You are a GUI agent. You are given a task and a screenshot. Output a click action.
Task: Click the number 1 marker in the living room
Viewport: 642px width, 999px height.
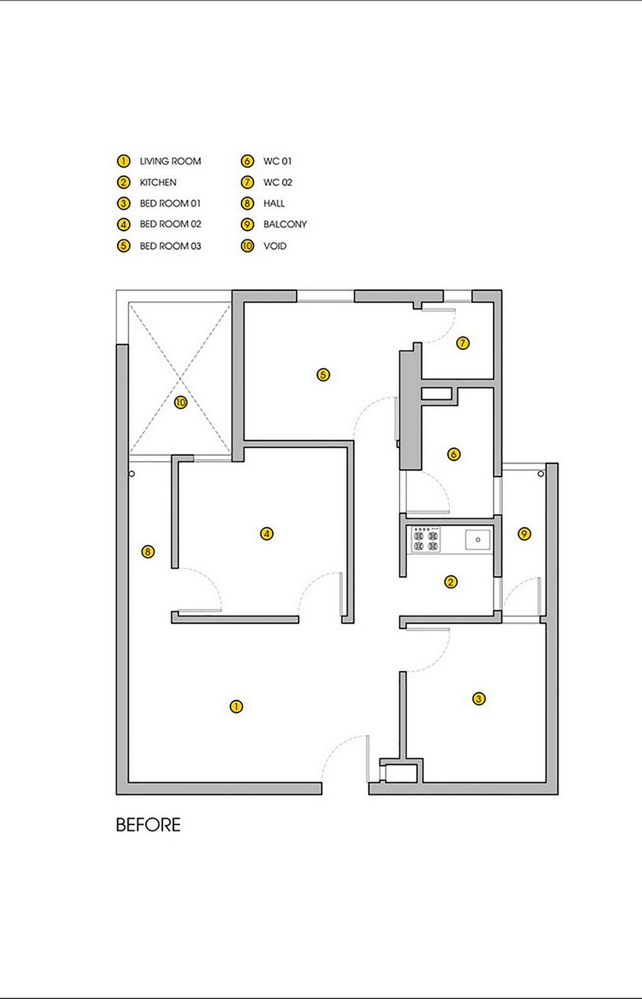[236, 706]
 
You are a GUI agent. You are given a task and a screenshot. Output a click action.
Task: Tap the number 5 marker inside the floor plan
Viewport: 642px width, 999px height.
[323, 375]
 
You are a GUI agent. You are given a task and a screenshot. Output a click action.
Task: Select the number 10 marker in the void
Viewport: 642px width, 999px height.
[180, 403]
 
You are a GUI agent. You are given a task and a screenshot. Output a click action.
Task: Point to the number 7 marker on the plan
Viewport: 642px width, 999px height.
[463, 343]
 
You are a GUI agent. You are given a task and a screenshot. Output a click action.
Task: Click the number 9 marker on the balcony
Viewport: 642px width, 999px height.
[525, 534]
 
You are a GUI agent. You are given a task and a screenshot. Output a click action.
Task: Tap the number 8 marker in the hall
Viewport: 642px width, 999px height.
[148, 552]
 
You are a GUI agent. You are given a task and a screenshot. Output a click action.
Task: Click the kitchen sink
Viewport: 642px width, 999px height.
[478, 540]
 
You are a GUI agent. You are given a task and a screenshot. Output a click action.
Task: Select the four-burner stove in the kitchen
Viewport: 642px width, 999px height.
[426, 540]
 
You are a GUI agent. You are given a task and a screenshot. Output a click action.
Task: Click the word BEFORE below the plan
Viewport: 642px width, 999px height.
[148, 825]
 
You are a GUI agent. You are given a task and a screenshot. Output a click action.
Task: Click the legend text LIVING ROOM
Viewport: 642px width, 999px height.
[170, 161]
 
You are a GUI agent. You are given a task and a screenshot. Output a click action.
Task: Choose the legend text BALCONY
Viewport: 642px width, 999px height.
[285, 224]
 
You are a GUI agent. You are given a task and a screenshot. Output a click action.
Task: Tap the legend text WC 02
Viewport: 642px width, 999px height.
[278, 182]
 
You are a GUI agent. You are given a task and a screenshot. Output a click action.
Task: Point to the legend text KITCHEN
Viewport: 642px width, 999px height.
[159, 182]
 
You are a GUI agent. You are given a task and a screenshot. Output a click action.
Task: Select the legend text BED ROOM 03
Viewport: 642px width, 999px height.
[170, 246]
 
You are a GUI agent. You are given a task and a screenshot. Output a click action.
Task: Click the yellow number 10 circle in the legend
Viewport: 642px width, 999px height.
[247, 246]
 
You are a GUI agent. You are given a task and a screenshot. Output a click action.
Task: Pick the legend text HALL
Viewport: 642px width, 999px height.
[274, 204]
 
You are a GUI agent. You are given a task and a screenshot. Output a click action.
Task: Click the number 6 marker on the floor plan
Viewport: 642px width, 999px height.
[453, 455]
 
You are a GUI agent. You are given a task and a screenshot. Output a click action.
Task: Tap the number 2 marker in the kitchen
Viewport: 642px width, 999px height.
[451, 582]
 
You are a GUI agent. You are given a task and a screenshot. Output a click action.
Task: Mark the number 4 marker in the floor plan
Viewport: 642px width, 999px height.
[266, 534]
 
